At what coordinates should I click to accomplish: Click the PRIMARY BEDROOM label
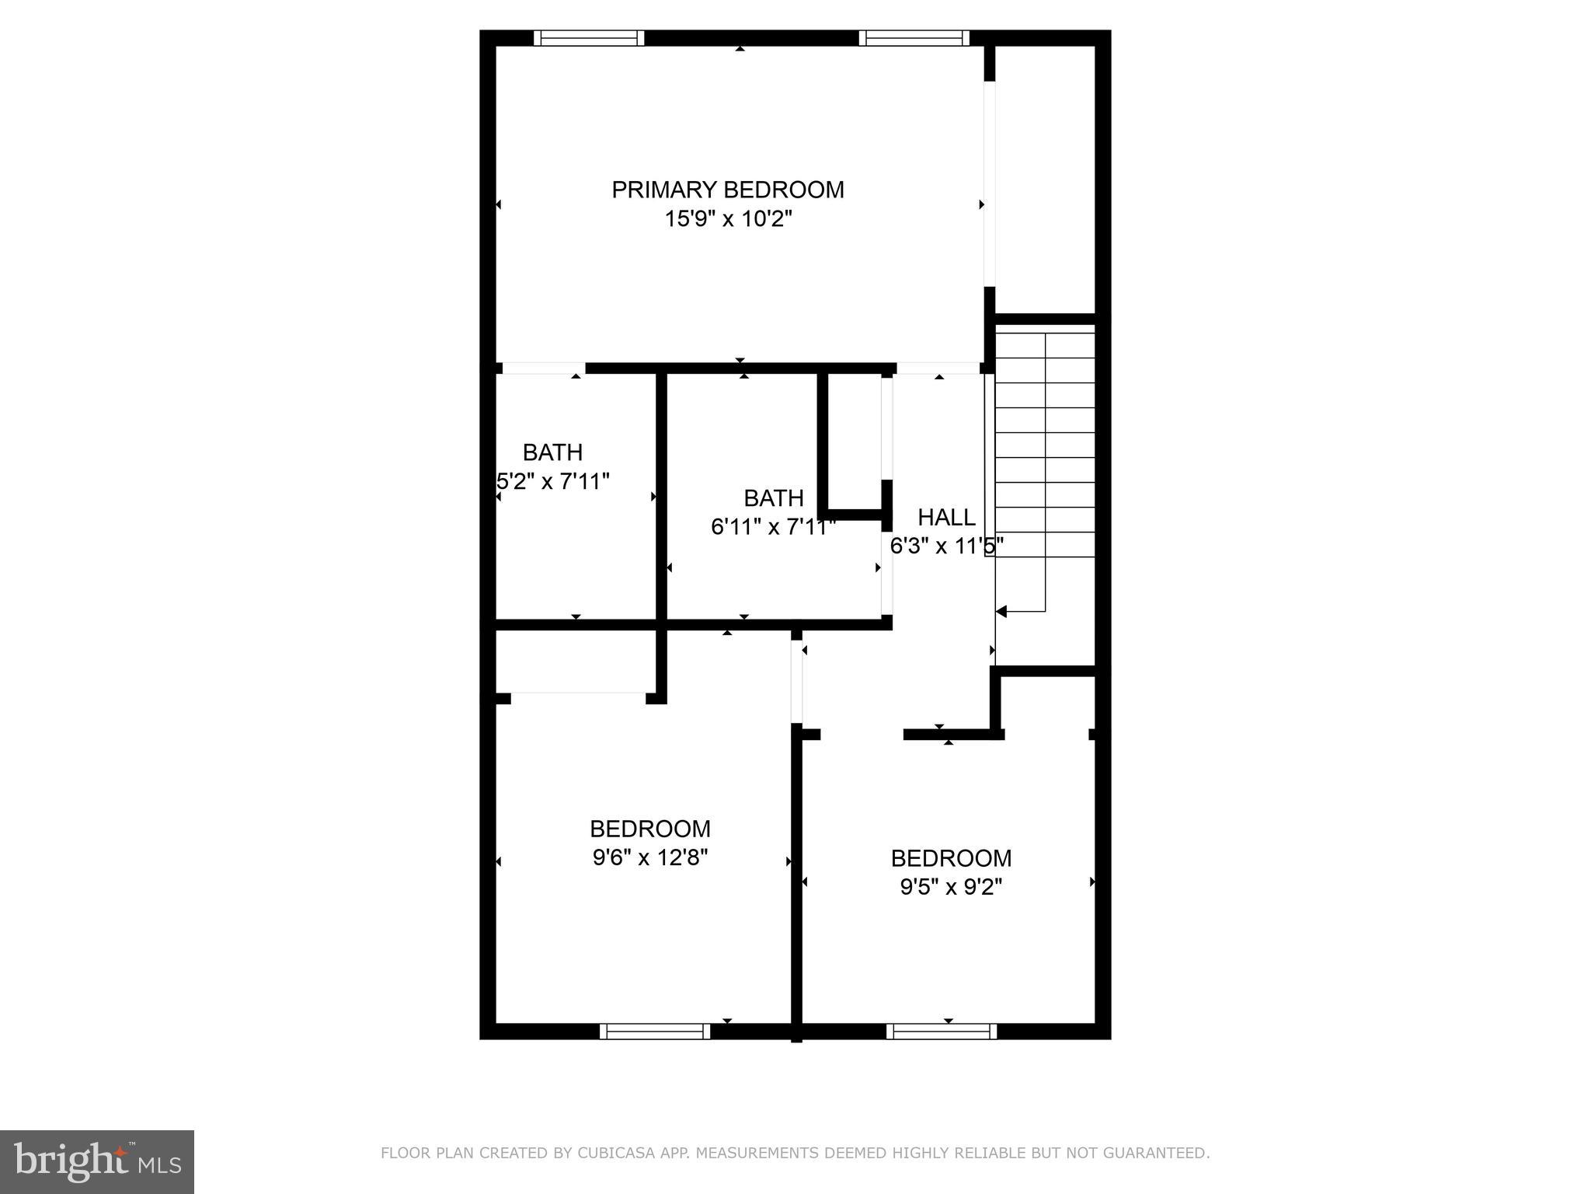(x=727, y=190)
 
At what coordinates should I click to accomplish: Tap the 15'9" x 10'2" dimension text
(x=727, y=219)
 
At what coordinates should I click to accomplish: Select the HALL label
(x=946, y=517)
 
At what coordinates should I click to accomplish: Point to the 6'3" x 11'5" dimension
(x=946, y=546)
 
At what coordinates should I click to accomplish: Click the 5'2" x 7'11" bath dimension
(x=553, y=482)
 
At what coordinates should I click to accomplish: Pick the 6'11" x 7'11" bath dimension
(x=773, y=527)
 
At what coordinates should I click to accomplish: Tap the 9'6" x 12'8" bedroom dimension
(x=650, y=857)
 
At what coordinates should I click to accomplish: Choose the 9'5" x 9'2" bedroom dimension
(x=951, y=887)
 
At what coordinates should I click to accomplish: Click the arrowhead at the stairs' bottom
(x=1001, y=612)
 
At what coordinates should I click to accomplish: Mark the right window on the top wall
(x=914, y=38)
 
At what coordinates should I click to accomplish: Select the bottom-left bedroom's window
(x=655, y=1032)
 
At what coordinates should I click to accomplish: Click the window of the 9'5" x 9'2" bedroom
(x=942, y=1032)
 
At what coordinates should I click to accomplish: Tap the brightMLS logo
(x=97, y=1162)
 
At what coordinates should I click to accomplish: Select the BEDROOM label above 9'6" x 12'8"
(x=650, y=829)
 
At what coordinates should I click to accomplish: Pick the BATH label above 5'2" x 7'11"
(x=552, y=452)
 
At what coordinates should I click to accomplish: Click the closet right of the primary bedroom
(x=1045, y=179)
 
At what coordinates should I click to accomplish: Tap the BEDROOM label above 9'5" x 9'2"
(x=951, y=858)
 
